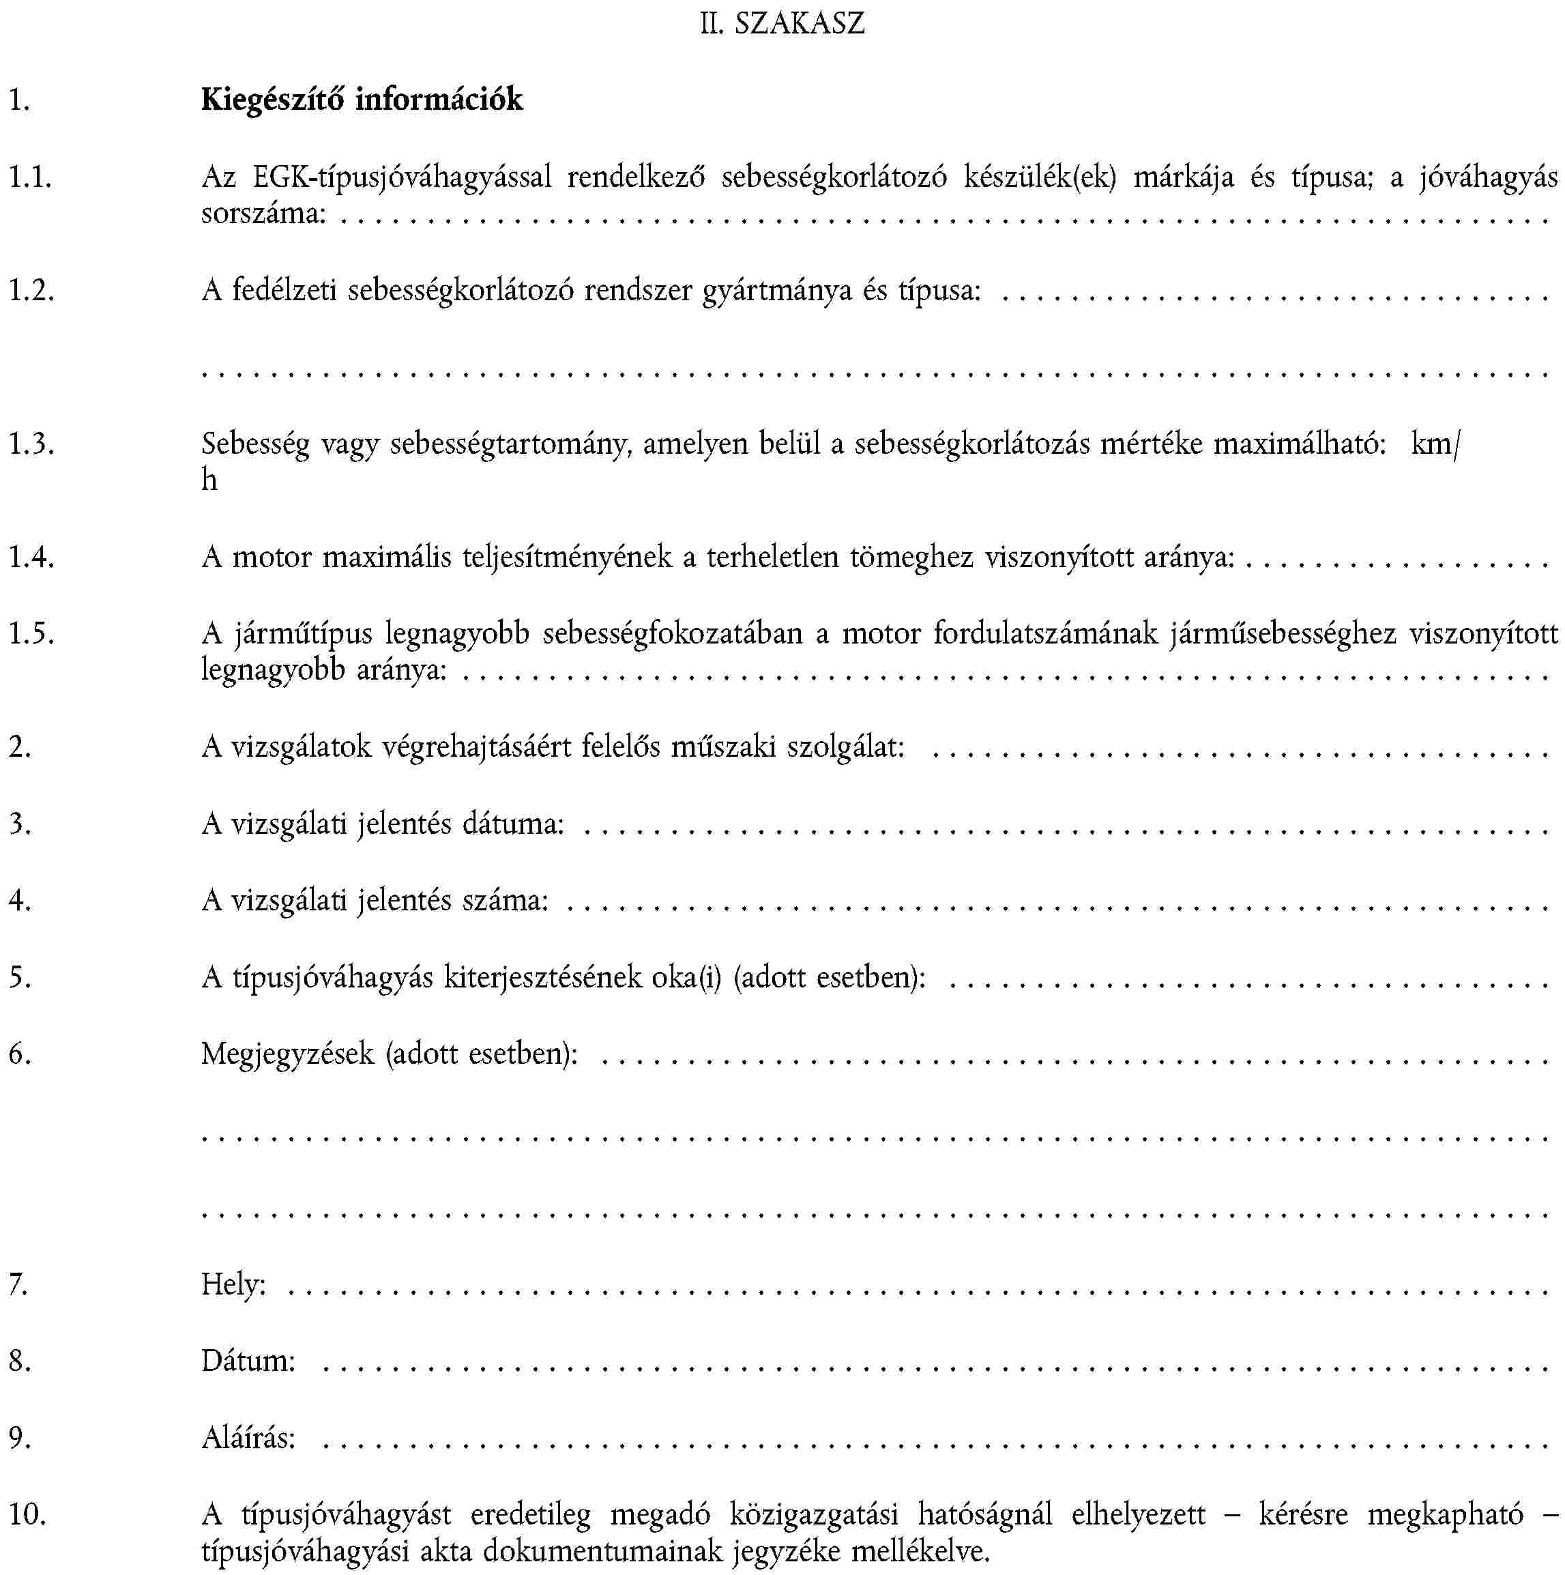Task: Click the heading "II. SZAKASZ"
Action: pos(782,23)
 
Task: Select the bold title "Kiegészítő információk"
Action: pos(362,100)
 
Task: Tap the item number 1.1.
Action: pos(31,177)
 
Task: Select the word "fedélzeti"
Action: pos(284,290)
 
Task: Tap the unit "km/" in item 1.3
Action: pos(1435,444)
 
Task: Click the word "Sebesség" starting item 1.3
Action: pos(255,444)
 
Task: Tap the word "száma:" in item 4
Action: pos(506,900)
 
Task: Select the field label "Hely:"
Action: pos(233,1284)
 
